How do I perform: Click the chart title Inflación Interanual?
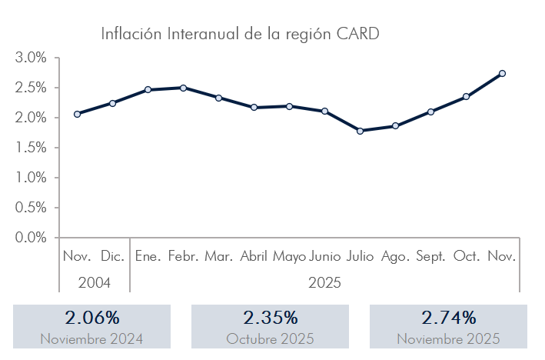click(241, 34)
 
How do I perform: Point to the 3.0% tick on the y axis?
click(31, 58)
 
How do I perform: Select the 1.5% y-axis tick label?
click(31, 148)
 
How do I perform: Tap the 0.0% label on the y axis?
click(31, 238)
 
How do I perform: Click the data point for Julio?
click(360, 131)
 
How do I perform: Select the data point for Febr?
click(183, 88)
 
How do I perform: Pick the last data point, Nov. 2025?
click(502, 73)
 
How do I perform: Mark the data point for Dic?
click(112, 103)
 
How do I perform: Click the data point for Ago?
click(395, 125)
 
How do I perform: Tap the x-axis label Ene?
click(148, 256)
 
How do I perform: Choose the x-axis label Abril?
click(254, 256)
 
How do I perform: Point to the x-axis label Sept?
click(430, 256)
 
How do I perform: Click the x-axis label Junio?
click(324, 256)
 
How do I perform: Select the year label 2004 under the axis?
click(95, 282)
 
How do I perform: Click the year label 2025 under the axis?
click(324, 282)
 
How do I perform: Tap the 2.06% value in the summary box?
click(91, 318)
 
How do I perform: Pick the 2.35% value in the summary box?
click(270, 318)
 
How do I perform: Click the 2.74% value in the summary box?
click(448, 318)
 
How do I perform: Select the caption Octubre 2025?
click(270, 338)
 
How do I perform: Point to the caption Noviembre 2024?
click(91, 338)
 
